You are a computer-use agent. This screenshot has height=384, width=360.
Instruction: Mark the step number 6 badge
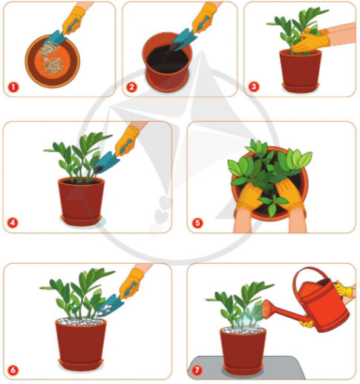(13, 368)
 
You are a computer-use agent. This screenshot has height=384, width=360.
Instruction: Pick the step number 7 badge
(197, 368)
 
